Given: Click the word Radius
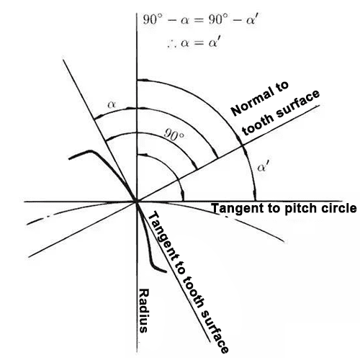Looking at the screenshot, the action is point(144,310).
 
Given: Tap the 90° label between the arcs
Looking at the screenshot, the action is point(174,135).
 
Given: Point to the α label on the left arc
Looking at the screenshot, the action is point(112,104).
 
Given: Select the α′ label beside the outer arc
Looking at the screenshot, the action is point(263,166).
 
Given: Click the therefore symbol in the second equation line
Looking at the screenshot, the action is point(172,44).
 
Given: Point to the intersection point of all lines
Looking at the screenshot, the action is point(137,202).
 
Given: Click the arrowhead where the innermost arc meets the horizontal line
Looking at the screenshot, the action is point(183,195).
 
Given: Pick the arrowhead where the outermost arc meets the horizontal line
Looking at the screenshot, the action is point(255,194).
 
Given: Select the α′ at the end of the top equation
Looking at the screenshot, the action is point(252,19).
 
